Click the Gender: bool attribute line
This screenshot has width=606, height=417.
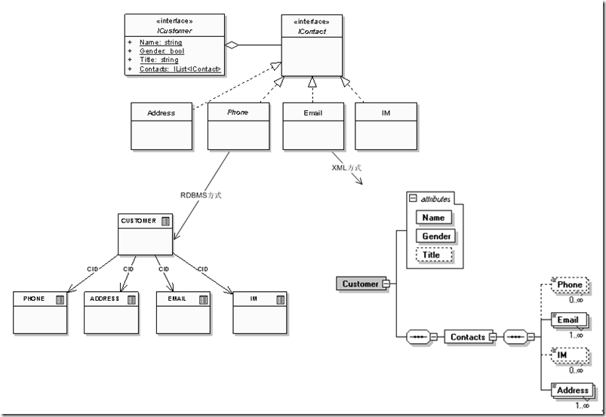coord(161,51)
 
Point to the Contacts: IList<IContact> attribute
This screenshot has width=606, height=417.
coord(180,69)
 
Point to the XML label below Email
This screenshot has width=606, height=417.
coord(346,167)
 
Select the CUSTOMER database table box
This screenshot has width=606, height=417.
coord(146,234)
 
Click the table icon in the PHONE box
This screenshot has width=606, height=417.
coord(60,299)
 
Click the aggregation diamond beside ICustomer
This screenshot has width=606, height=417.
coord(233,45)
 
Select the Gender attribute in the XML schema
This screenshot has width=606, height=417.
coord(436,236)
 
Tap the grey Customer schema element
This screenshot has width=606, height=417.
coord(360,284)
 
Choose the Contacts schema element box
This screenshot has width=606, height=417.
coord(468,336)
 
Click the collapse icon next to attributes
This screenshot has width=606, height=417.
coord(412,198)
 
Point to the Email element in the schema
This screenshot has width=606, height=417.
coord(568,320)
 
